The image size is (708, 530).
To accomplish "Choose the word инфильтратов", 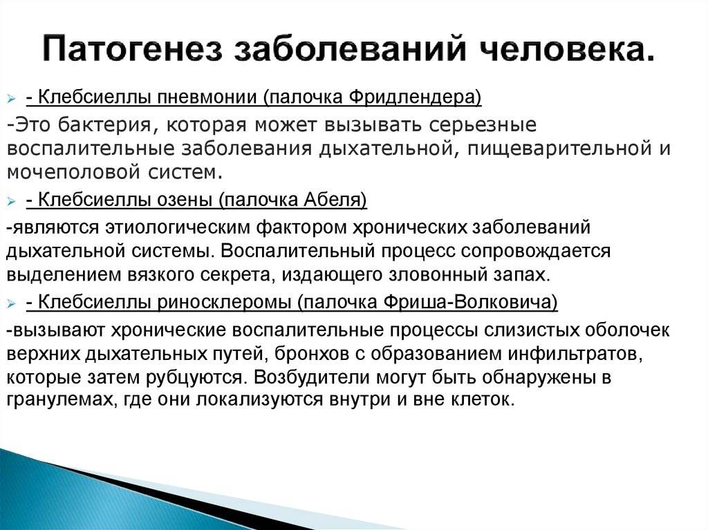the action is coord(575,354).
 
